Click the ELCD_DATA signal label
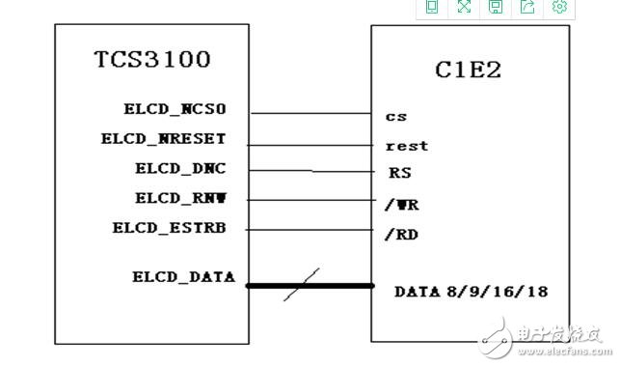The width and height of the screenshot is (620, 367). pyautogui.click(x=183, y=276)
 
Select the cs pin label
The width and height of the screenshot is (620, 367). pyautogui.click(x=395, y=117)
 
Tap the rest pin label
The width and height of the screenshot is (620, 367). pyautogui.click(x=406, y=146)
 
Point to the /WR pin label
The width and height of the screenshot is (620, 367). pyautogui.click(x=401, y=205)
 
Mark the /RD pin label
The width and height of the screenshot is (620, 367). pyautogui.click(x=401, y=234)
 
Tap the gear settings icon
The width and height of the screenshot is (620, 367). pyautogui.click(x=559, y=8)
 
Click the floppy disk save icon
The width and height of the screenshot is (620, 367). pyautogui.click(x=496, y=8)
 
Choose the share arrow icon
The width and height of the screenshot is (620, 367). pyautogui.click(x=527, y=8)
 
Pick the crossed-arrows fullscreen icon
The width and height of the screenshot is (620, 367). pyautogui.click(x=464, y=8)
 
